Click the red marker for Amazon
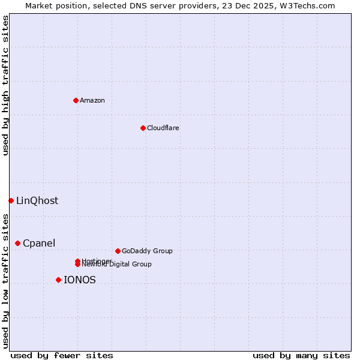tap(76, 100)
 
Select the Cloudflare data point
tap(143, 128)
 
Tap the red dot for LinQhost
tap(11, 200)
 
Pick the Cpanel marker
tap(17, 243)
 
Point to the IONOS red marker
tap(58, 280)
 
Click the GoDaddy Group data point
tap(118, 251)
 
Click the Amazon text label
tap(92, 100)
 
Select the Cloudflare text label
tap(163, 128)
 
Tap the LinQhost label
tap(37, 201)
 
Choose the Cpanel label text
tap(39, 243)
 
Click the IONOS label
tap(79, 280)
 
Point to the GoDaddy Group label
tap(147, 251)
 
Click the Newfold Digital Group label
tap(116, 265)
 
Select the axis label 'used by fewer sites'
tap(62, 355)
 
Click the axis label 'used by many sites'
tap(301, 355)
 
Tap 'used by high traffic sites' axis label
tap(5, 85)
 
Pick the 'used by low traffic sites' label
tap(5, 281)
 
